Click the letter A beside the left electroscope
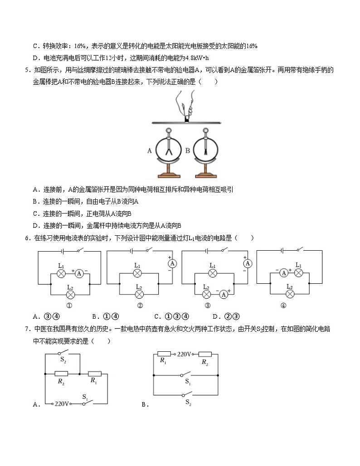click(149, 151)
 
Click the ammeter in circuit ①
click(79, 273)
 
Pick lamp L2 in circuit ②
click(137, 294)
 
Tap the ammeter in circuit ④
click(284, 272)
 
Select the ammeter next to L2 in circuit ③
click(223, 294)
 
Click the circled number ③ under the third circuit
click(208, 305)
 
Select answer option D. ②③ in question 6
click(225, 316)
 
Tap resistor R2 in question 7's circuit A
click(61, 374)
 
